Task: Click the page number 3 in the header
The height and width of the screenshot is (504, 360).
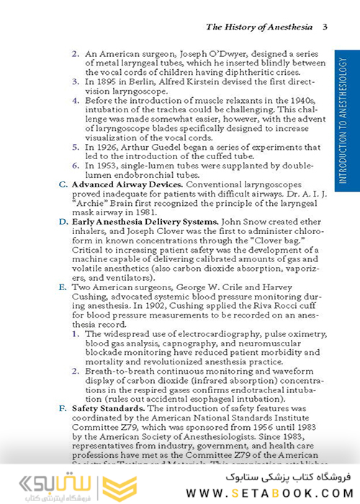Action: [325, 27]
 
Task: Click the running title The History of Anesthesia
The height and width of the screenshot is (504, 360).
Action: [259, 27]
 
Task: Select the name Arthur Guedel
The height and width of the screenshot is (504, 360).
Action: [158, 147]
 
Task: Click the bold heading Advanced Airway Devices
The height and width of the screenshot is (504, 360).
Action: [127, 184]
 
